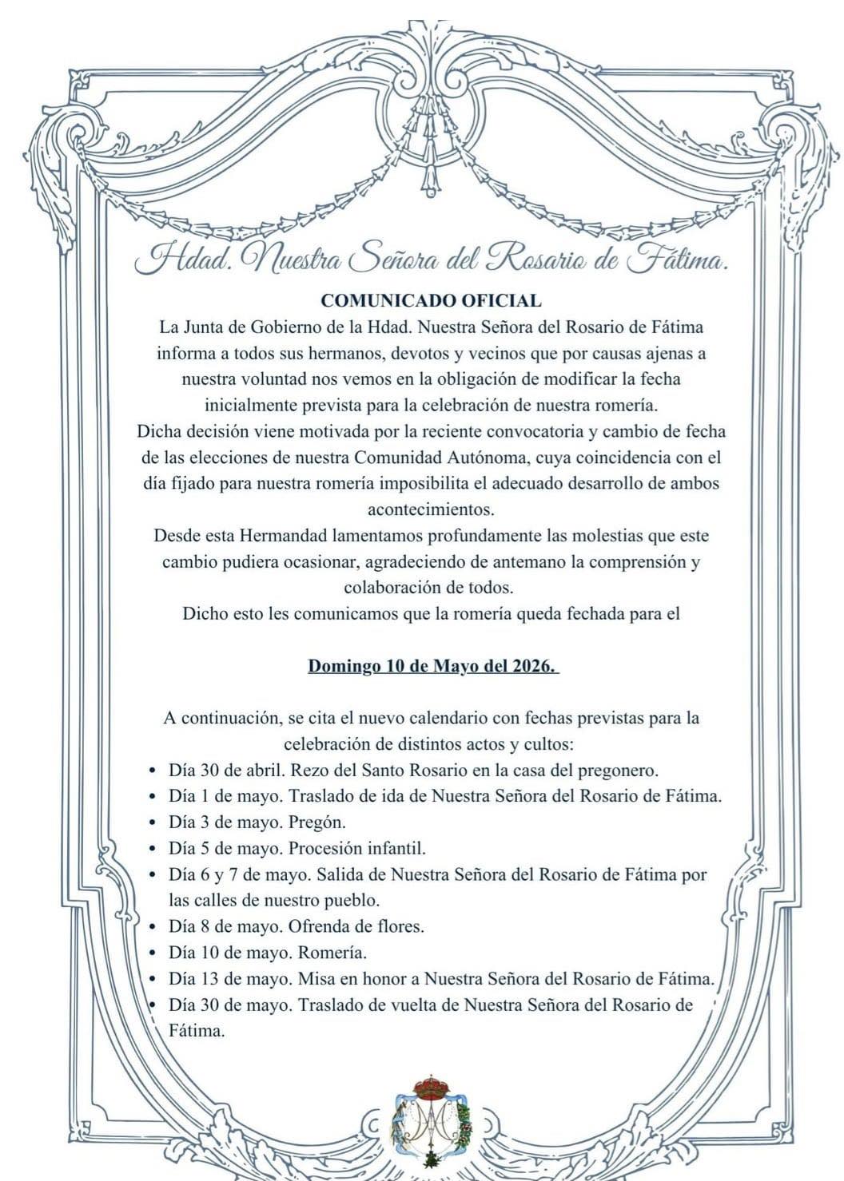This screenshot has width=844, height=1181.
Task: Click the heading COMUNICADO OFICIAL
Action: (431, 301)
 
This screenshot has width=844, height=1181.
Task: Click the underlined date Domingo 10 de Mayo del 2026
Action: (433, 666)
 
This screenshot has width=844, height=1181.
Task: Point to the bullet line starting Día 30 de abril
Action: (413, 771)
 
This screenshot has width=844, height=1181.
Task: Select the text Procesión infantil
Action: (357, 848)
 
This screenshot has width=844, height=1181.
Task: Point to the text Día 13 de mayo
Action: (229, 978)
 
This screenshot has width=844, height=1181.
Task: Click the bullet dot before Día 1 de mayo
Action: (153, 797)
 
